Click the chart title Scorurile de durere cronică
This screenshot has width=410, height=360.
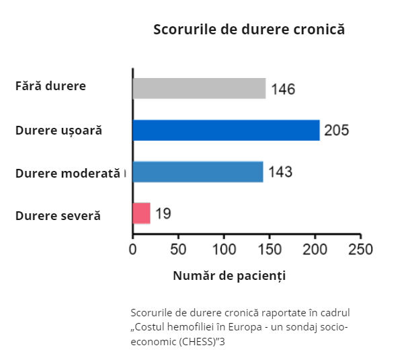coord(249,30)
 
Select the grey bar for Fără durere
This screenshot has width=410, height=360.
coord(199,89)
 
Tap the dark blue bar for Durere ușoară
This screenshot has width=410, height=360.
coord(226,130)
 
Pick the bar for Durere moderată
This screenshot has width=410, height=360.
coord(198,172)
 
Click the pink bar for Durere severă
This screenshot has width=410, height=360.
coord(141,213)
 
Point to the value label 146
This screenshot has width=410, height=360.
coord(283,89)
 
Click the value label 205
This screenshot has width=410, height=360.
coord(336,131)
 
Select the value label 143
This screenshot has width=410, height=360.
coord(280,172)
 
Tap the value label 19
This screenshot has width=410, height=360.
coord(163,214)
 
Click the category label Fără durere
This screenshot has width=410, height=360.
coord(50,86)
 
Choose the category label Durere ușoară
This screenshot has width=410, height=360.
coord(58,130)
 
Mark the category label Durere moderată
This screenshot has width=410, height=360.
coord(67,173)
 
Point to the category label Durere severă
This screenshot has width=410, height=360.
coord(58,216)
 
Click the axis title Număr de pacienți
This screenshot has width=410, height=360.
coord(229,276)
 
